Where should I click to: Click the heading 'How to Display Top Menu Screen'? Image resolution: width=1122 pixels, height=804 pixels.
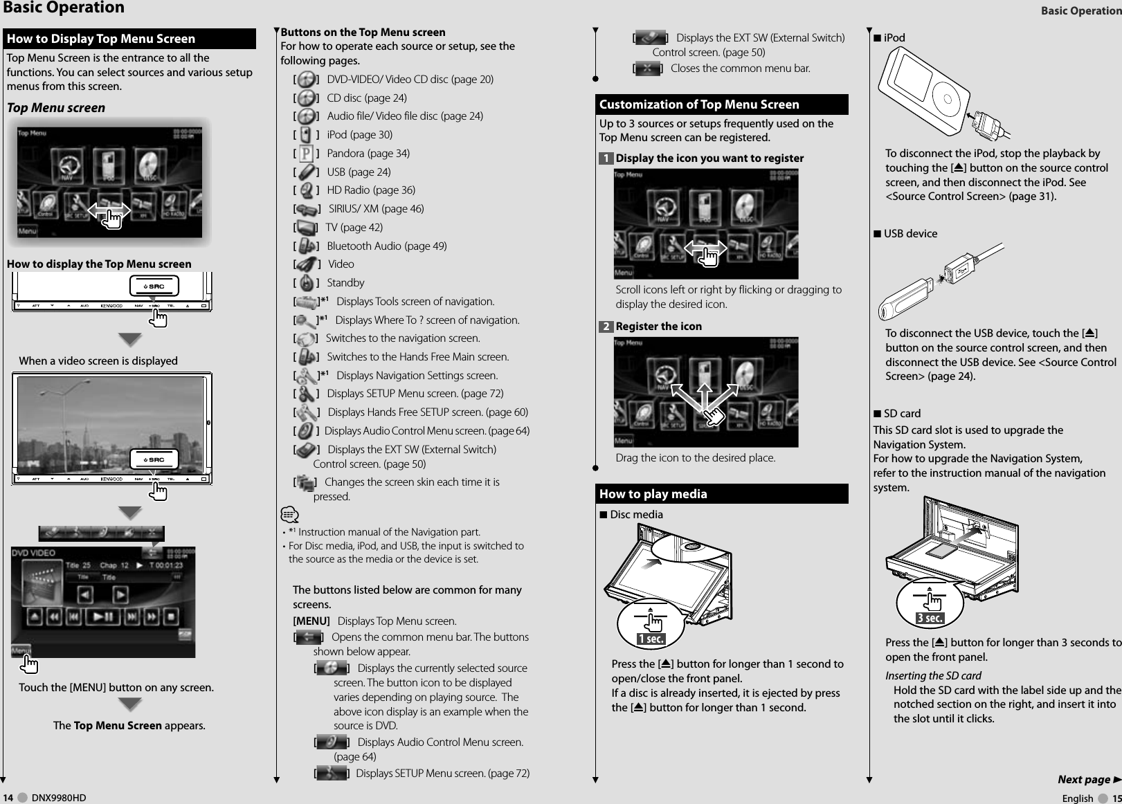click(101, 39)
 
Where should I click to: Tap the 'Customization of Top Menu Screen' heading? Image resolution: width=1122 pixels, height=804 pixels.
click(699, 104)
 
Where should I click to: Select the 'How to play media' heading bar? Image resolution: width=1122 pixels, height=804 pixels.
click(653, 494)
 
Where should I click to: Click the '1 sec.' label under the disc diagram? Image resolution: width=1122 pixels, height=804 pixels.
click(651, 639)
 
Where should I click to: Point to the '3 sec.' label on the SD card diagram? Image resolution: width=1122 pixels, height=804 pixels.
click(930, 618)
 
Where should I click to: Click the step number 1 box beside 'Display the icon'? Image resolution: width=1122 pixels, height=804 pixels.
click(606, 158)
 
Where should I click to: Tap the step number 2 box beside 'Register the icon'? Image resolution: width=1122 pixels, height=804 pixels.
click(606, 327)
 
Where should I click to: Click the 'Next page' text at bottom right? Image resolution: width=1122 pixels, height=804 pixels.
click(1083, 780)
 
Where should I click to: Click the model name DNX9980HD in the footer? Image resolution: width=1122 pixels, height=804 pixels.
click(59, 798)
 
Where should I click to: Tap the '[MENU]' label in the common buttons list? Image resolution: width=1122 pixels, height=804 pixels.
click(311, 621)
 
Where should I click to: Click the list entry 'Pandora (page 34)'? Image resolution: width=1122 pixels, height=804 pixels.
click(368, 153)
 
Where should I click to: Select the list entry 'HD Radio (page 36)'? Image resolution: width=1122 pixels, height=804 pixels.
click(370, 190)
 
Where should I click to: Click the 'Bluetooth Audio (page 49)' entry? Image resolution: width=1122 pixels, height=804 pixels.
click(386, 246)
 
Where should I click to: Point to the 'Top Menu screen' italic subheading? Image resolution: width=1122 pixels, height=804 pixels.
click(56, 108)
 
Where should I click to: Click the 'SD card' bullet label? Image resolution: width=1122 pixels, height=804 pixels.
click(902, 414)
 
